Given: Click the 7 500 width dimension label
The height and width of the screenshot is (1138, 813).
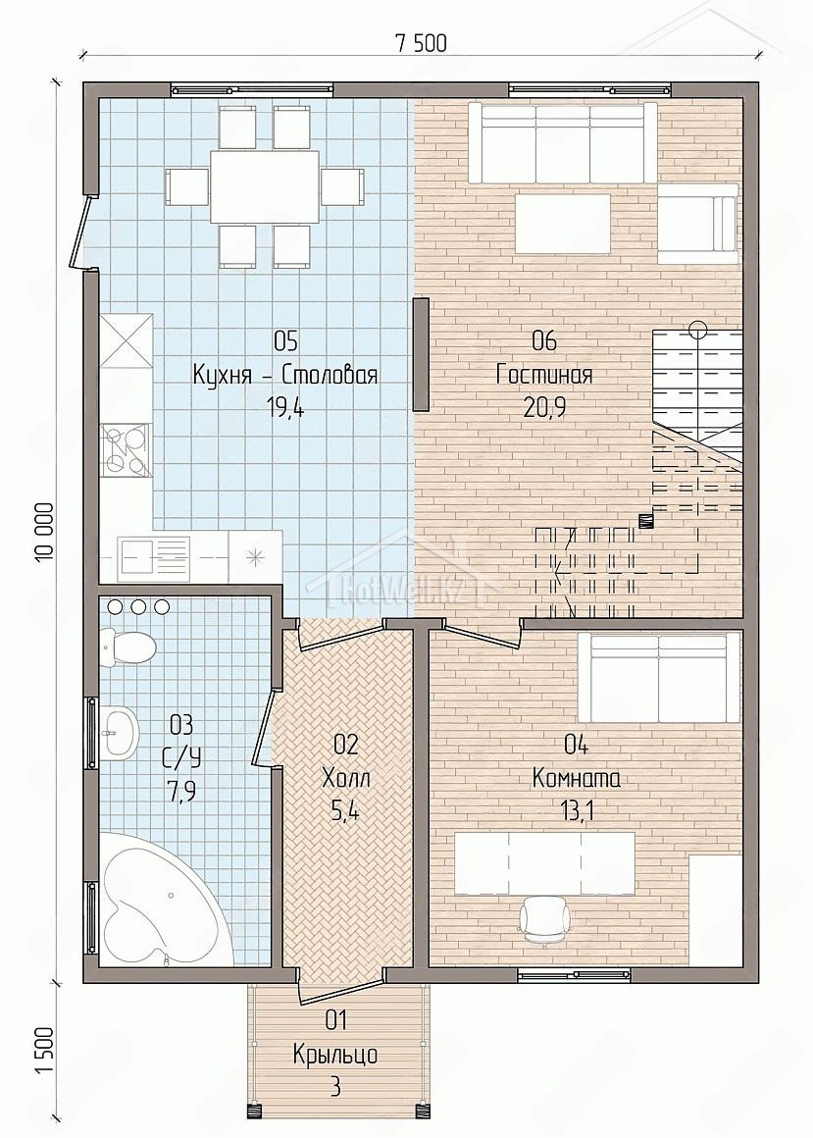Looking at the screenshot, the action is [421, 43].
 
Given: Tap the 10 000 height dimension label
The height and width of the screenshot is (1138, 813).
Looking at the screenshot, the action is [43, 531].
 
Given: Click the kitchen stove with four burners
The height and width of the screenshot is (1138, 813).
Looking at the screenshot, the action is [126, 450].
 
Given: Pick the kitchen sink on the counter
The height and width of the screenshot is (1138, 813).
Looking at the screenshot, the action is [154, 556].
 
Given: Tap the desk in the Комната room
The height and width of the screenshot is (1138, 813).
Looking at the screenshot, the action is [544, 863].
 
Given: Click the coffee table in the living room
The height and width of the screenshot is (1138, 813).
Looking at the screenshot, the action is [564, 223].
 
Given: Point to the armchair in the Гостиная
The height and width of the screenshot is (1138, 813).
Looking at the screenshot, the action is [697, 223].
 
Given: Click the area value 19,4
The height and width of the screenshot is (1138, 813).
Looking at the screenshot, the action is [285, 408].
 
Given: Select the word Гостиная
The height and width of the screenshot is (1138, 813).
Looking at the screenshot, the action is [544, 375].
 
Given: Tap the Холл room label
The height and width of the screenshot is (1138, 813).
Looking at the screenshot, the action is [345, 779].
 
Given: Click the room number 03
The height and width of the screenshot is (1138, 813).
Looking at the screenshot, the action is [181, 724].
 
